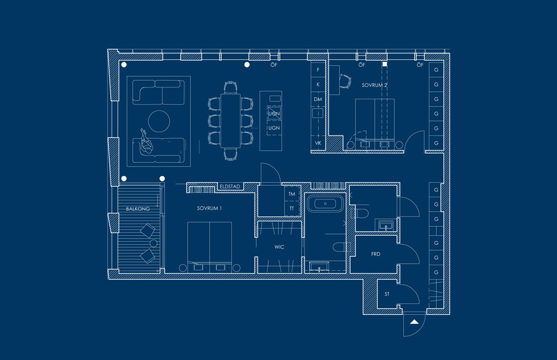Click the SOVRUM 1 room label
click(209, 208)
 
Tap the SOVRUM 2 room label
click(374, 85)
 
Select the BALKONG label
click(138, 209)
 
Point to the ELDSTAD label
click(230, 187)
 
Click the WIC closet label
click(279, 247)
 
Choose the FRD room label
click(375, 254)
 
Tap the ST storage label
click(387, 294)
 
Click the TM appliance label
click(292, 194)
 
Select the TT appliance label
click(292, 208)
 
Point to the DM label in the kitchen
click(318, 100)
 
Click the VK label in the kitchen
click(318, 143)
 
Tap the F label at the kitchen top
click(318, 70)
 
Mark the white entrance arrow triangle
click(414, 322)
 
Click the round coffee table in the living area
click(159, 121)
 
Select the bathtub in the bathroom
click(325, 203)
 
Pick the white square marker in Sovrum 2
click(385, 64)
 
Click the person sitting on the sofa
click(146, 142)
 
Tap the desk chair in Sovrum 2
click(345, 81)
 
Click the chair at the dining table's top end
click(231, 87)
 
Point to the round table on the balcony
click(154, 244)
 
